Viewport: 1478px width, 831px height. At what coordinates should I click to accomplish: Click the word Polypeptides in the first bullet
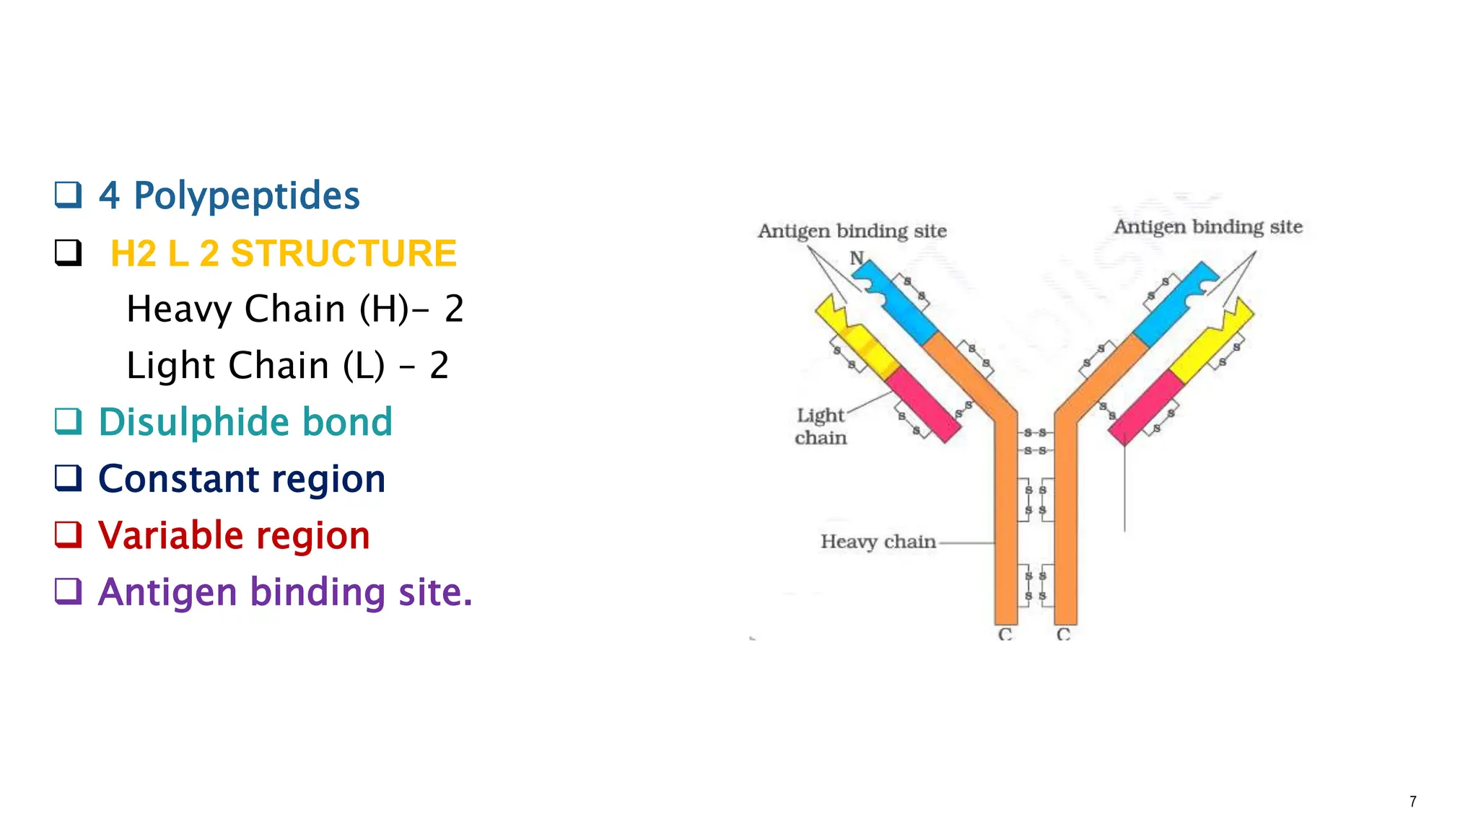click(246, 195)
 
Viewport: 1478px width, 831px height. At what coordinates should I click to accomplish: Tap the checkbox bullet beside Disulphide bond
click(69, 421)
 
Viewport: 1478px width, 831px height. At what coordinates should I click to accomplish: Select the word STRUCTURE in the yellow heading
click(344, 253)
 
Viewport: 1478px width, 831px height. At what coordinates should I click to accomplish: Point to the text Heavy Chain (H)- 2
click(294, 309)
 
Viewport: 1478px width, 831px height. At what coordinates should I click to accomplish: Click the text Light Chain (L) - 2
click(287, 365)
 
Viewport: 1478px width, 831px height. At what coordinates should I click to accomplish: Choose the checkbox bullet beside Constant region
click(69, 478)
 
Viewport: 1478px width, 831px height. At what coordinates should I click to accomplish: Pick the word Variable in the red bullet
click(171, 535)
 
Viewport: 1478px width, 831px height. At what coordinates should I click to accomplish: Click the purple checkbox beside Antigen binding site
click(69, 592)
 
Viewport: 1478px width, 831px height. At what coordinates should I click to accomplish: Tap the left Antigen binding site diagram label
click(852, 231)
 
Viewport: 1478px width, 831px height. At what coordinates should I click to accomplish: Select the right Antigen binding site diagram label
click(1207, 227)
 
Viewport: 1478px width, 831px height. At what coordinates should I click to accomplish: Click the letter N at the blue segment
click(857, 258)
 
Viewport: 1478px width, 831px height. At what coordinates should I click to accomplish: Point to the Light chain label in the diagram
click(821, 426)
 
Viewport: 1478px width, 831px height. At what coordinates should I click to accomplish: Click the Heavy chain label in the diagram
click(878, 542)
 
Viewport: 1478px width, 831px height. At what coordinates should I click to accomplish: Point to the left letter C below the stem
click(1005, 634)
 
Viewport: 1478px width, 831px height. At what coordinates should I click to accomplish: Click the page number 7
click(1412, 801)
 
